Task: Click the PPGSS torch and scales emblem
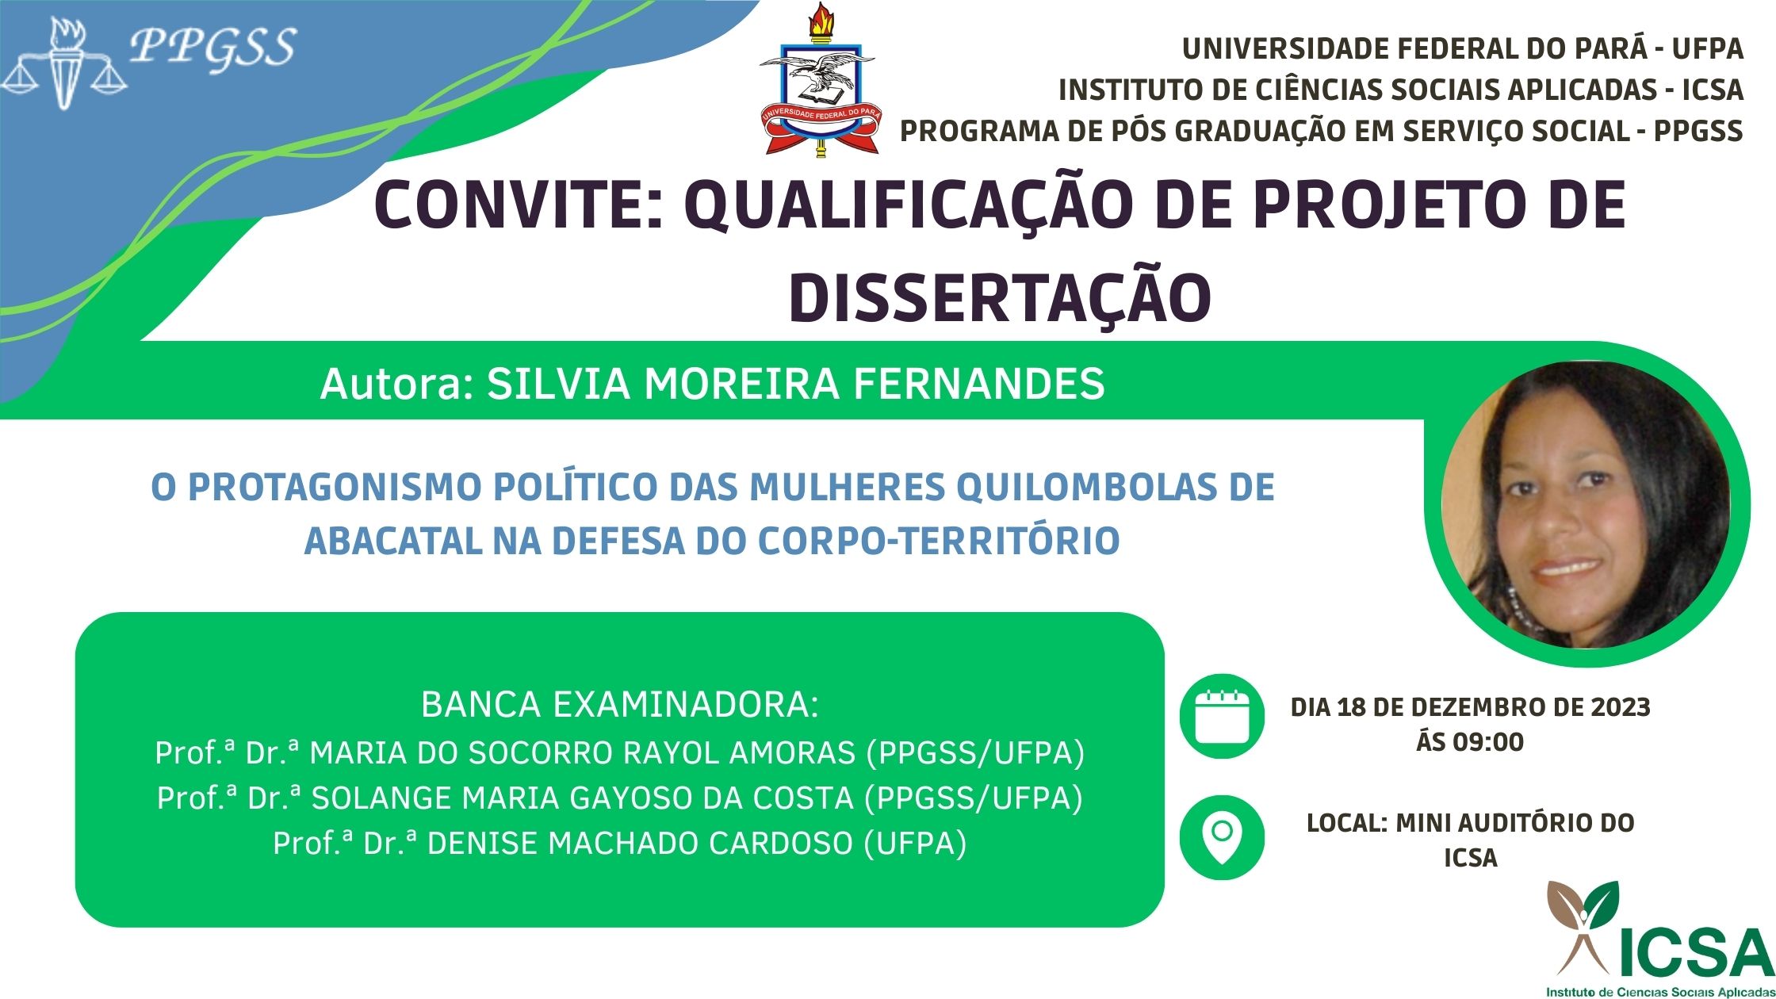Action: [x=63, y=63]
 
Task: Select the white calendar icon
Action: [x=1222, y=717]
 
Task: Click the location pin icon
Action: [x=1222, y=837]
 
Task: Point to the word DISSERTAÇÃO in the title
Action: [x=1000, y=297]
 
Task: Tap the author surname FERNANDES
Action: [x=979, y=384]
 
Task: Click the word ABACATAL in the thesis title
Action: [x=393, y=542]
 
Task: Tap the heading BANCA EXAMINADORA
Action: [x=620, y=705]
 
